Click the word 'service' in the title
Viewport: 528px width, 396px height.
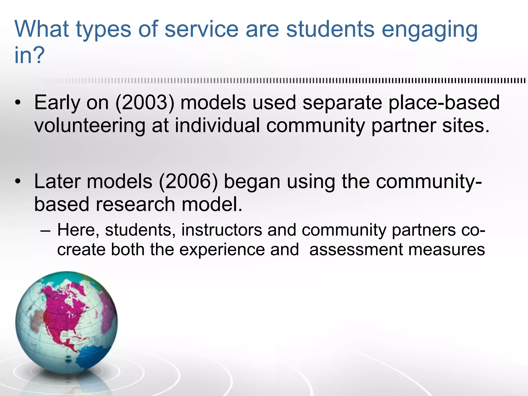[x=201, y=29]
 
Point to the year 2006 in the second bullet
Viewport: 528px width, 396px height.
[x=188, y=181]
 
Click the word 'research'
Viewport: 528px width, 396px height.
[x=136, y=204]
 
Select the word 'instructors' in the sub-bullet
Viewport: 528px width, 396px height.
[x=221, y=230]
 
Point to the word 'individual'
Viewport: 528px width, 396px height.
[x=217, y=126]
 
